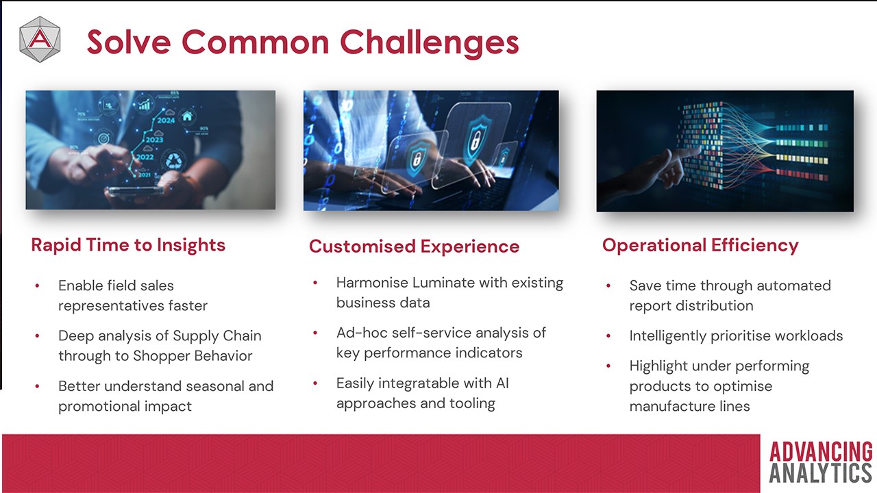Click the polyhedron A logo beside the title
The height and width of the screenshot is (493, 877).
pos(40,39)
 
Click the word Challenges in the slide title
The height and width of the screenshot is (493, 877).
pos(430,42)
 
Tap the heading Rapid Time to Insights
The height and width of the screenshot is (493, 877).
pos(128,245)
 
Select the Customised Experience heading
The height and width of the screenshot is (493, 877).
pos(415,246)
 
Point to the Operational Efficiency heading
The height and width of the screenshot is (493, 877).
pos(700,246)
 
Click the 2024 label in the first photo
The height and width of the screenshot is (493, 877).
pos(166,121)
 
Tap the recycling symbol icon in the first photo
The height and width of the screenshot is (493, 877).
pos(174,160)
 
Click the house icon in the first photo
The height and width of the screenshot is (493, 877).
pos(187,116)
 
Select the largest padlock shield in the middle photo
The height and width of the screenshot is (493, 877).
pos(478,139)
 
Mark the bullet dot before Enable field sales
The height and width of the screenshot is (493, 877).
pos(37,286)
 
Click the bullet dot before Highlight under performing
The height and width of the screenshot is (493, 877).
pos(608,366)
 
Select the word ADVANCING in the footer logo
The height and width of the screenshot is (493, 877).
pos(821,452)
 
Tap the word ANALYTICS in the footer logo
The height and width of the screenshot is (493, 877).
pos(821,473)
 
